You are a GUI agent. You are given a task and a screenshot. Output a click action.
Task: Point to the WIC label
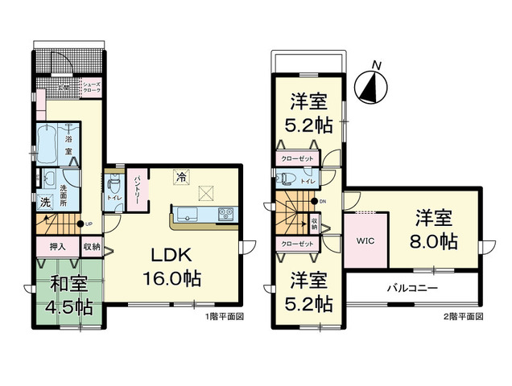point(367,240)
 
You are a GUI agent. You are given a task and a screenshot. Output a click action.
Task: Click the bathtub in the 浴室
point(49,142)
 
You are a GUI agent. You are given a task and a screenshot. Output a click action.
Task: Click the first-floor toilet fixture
point(112,182)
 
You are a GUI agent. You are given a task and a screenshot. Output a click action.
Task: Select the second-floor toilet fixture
point(286,179)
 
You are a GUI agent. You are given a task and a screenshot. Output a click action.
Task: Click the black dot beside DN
point(315,201)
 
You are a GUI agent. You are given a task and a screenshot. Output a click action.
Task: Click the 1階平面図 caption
point(225,317)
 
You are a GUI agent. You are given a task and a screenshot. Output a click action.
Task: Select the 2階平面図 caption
point(462,317)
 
